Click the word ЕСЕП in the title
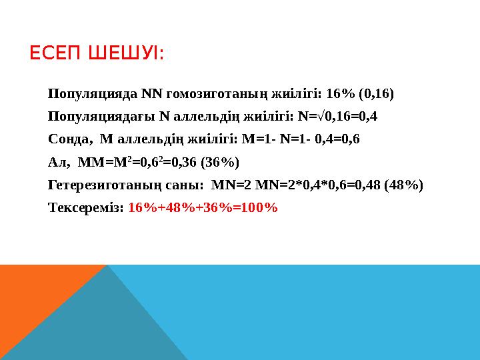[55, 53]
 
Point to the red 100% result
[256, 207]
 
